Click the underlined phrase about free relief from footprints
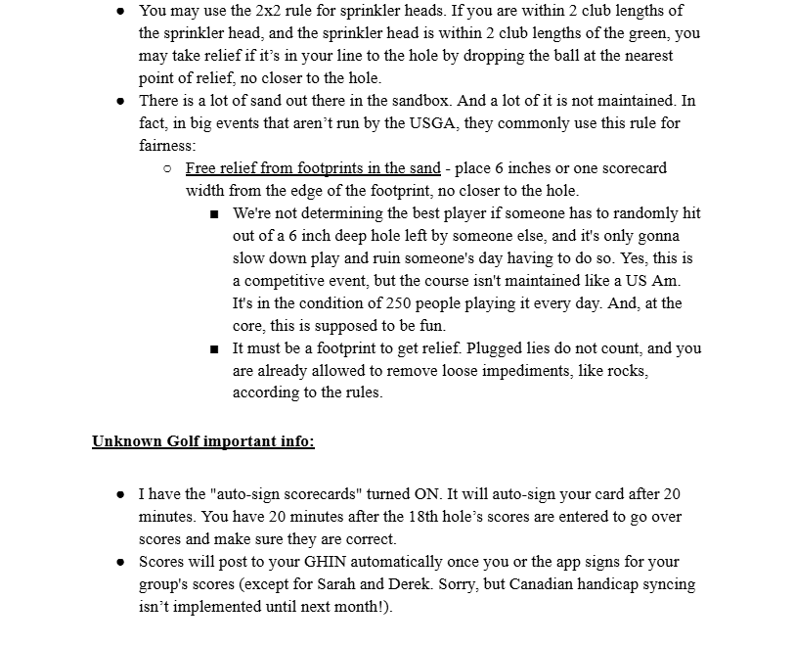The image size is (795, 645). pyautogui.click(x=313, y=168)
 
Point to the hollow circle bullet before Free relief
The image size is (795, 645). pyautogui.click(x=167, y=168)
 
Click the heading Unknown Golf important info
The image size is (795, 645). pyautogui.click(x=203, y=441)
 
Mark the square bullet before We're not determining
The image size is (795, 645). pyautogui.click(x=214, y=213)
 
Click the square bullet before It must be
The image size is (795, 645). pyautogui.click(x=214, y=348)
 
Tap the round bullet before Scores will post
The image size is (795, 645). pyautogui.click(x=119, y=562)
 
